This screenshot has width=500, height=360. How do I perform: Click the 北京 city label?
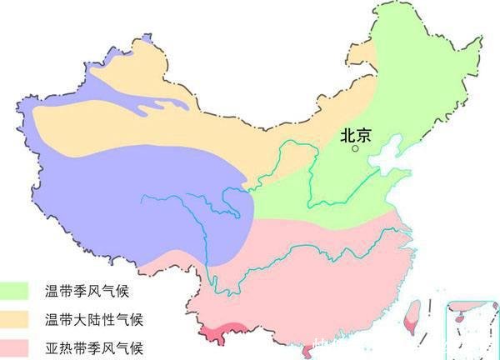pos(355,134)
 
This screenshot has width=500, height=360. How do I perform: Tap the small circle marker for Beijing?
pos(356,148)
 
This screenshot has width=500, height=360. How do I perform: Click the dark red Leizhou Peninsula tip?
pos(309,351)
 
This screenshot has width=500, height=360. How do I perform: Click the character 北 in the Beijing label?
pos(347,134)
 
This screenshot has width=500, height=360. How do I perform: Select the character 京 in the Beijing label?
pos(363,134)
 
